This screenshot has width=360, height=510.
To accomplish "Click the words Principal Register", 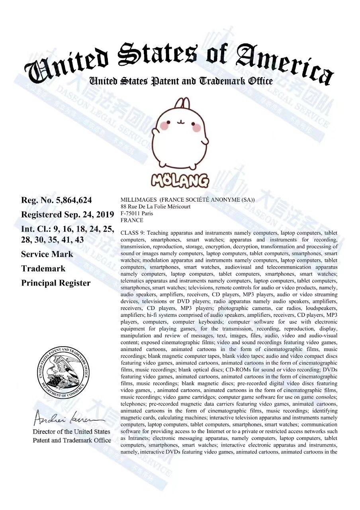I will click(x=55, y=283).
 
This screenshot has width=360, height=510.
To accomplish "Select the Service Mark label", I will click(x=47, y=254).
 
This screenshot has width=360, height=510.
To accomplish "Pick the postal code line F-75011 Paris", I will click(x=137, y=213).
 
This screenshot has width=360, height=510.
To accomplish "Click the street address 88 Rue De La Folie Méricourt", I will click(x=155, y=206).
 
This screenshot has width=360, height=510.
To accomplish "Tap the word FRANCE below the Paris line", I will click(x=131, y=220).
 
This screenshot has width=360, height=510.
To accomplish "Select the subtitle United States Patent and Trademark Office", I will click(x=181, y=81).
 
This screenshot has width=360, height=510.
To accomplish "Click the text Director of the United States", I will click(x=71, y=432).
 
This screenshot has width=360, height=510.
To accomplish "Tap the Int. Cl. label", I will click(x=36, y=229).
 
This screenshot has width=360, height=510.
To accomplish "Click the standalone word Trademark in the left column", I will click(x=43, y=269).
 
